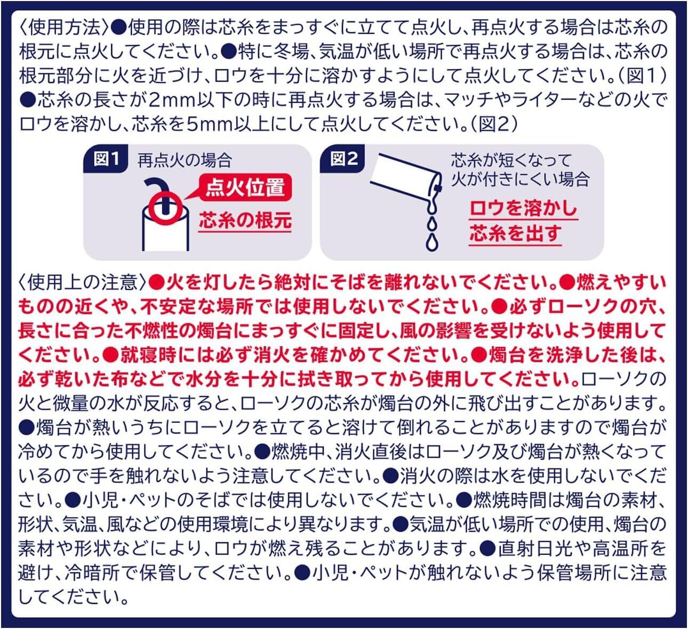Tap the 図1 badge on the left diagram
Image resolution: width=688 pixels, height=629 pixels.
(106, 159)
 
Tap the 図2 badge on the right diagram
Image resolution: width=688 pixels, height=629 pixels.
(342, 159)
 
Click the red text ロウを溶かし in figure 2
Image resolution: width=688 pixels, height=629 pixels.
(523, 208)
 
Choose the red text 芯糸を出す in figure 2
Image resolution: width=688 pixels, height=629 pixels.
(515, 234)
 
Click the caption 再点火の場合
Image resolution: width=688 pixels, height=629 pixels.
(185, 160)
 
